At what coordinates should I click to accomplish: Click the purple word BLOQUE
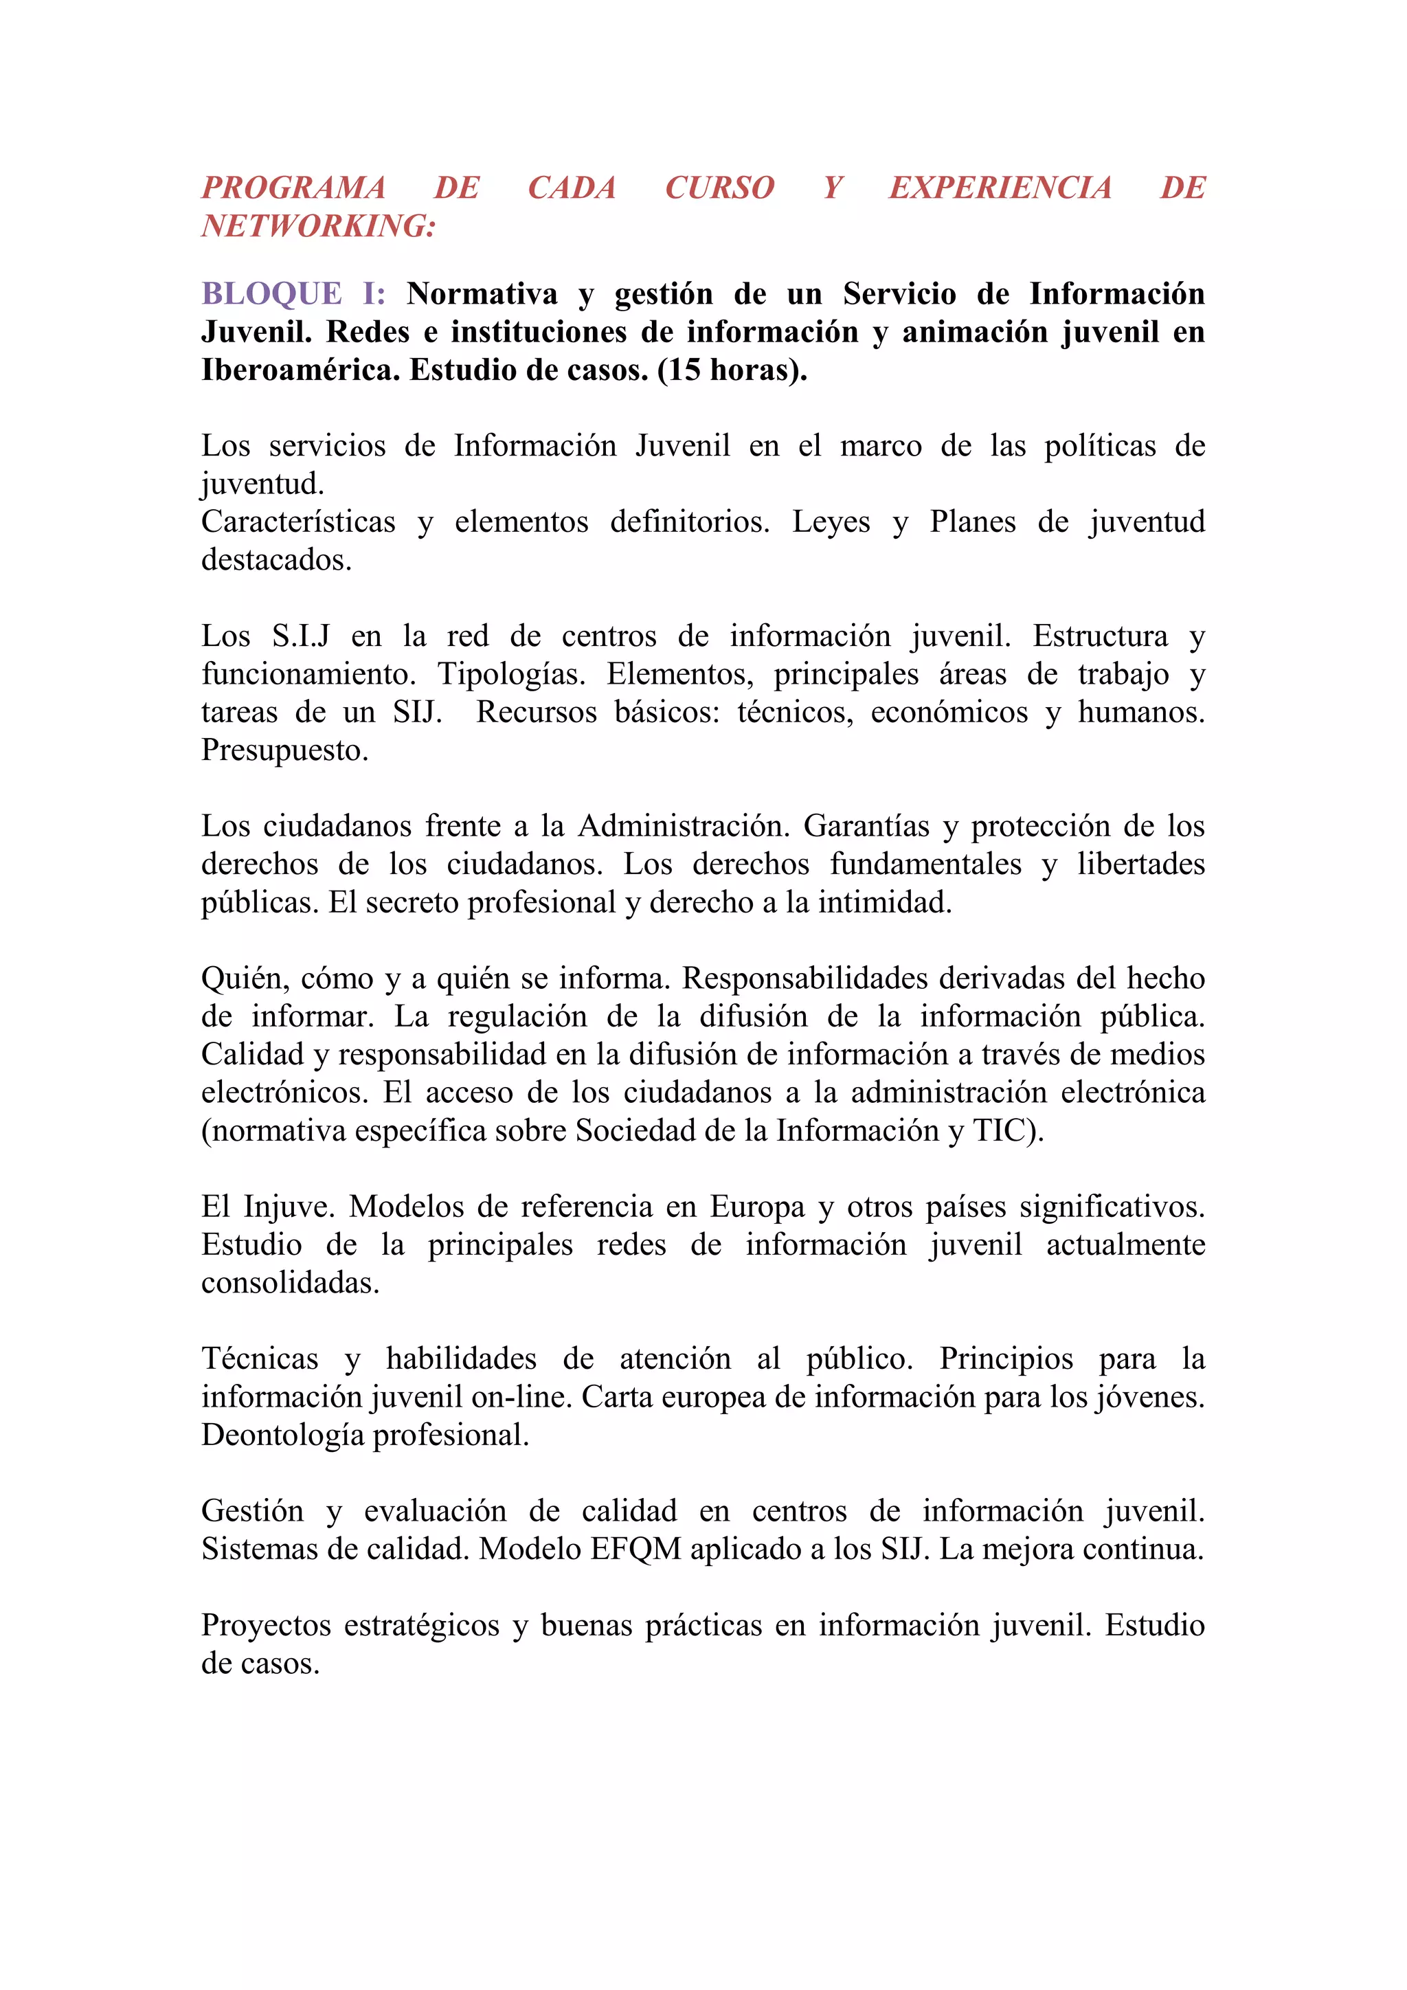(x=272, y=294)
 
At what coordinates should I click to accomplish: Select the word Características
(x=298, y=522)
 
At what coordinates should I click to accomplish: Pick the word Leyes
(x=831, y=522)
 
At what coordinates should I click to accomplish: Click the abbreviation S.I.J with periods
(x=301, y=636)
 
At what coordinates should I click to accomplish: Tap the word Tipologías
(x=511, y=674)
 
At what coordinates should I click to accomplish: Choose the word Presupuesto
(x=284, y=750)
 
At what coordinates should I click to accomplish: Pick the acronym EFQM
(x=636, y=1549)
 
